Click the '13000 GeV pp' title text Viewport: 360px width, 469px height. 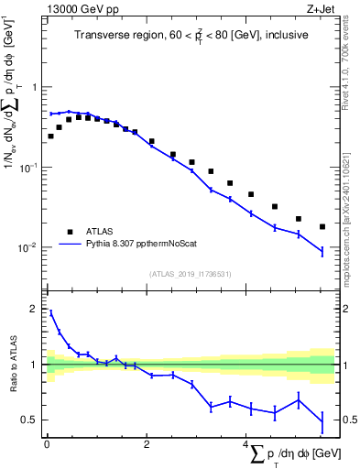click(x=80, y=8)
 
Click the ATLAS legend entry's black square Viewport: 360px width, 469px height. click(x=69, y=232)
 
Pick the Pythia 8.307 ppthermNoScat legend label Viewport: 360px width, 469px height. click(x=135, y=245)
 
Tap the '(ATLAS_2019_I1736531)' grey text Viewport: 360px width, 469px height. click(x=190, y=273)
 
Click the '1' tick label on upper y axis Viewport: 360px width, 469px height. click(x=35, y=88)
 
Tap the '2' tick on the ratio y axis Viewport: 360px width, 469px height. click(x=35, y=309)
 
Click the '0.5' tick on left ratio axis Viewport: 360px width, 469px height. click(x=31, y=420)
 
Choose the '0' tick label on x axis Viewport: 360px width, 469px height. click(x=46, y=446)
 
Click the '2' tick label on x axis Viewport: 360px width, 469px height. click(x=146, y=446)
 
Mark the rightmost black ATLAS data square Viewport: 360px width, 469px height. click(x=322, y=226)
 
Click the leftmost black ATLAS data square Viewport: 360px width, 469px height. click(x=50, y=136)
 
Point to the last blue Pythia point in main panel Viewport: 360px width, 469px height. click(x=322, y=251)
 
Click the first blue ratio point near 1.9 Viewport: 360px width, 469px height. click(x=50, y=312)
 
